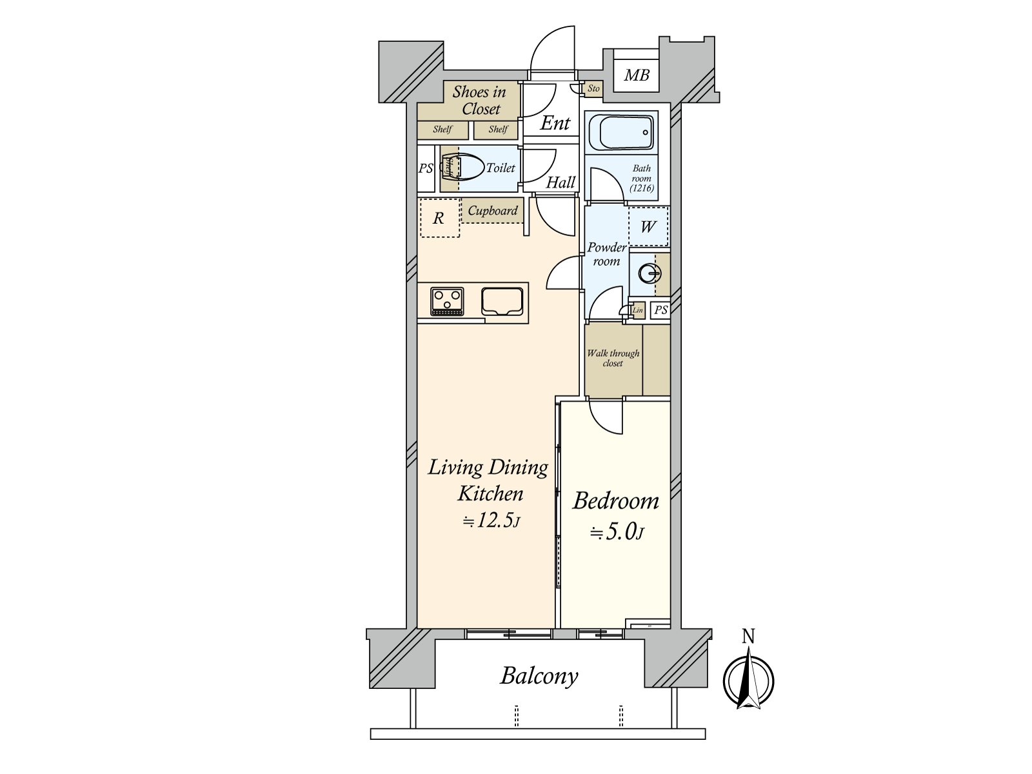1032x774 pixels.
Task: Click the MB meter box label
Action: pyautogui.click(x=636, y=75)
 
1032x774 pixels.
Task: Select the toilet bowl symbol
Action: pyautogui.click(x=464, y=168)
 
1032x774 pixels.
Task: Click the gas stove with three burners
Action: pyautogui.click(x=447, y=301)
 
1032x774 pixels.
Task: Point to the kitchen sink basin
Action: pyautogui.click(x=502, y=302)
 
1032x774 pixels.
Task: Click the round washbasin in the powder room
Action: pyautogui.click(x=649, y=274)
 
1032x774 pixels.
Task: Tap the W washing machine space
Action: pyautogui.click(x=648, y=226)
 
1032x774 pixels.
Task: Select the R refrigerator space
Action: pyautogui.click(x=439, y=219)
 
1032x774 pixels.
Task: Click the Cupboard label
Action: pyautogui.click(x=493, y=211)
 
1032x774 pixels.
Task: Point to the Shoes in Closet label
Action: pyautogui.click(x=479, y=101)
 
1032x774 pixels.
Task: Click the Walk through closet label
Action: pyautogui.click(x=613, y=358)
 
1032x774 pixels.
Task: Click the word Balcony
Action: pyautogui.click(x=539, y=676)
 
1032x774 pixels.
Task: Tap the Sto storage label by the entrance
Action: pyautogui.click(x=593, y=88)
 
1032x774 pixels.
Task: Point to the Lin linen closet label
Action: pyautogui.click(x=637, y=311)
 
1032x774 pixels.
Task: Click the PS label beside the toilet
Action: pyautogui.click(x=426, y=169)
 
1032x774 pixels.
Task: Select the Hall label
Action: pyautogui.click(x=561, y=183)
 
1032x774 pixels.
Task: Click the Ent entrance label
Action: pyautogui.click(x=555, y=123)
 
